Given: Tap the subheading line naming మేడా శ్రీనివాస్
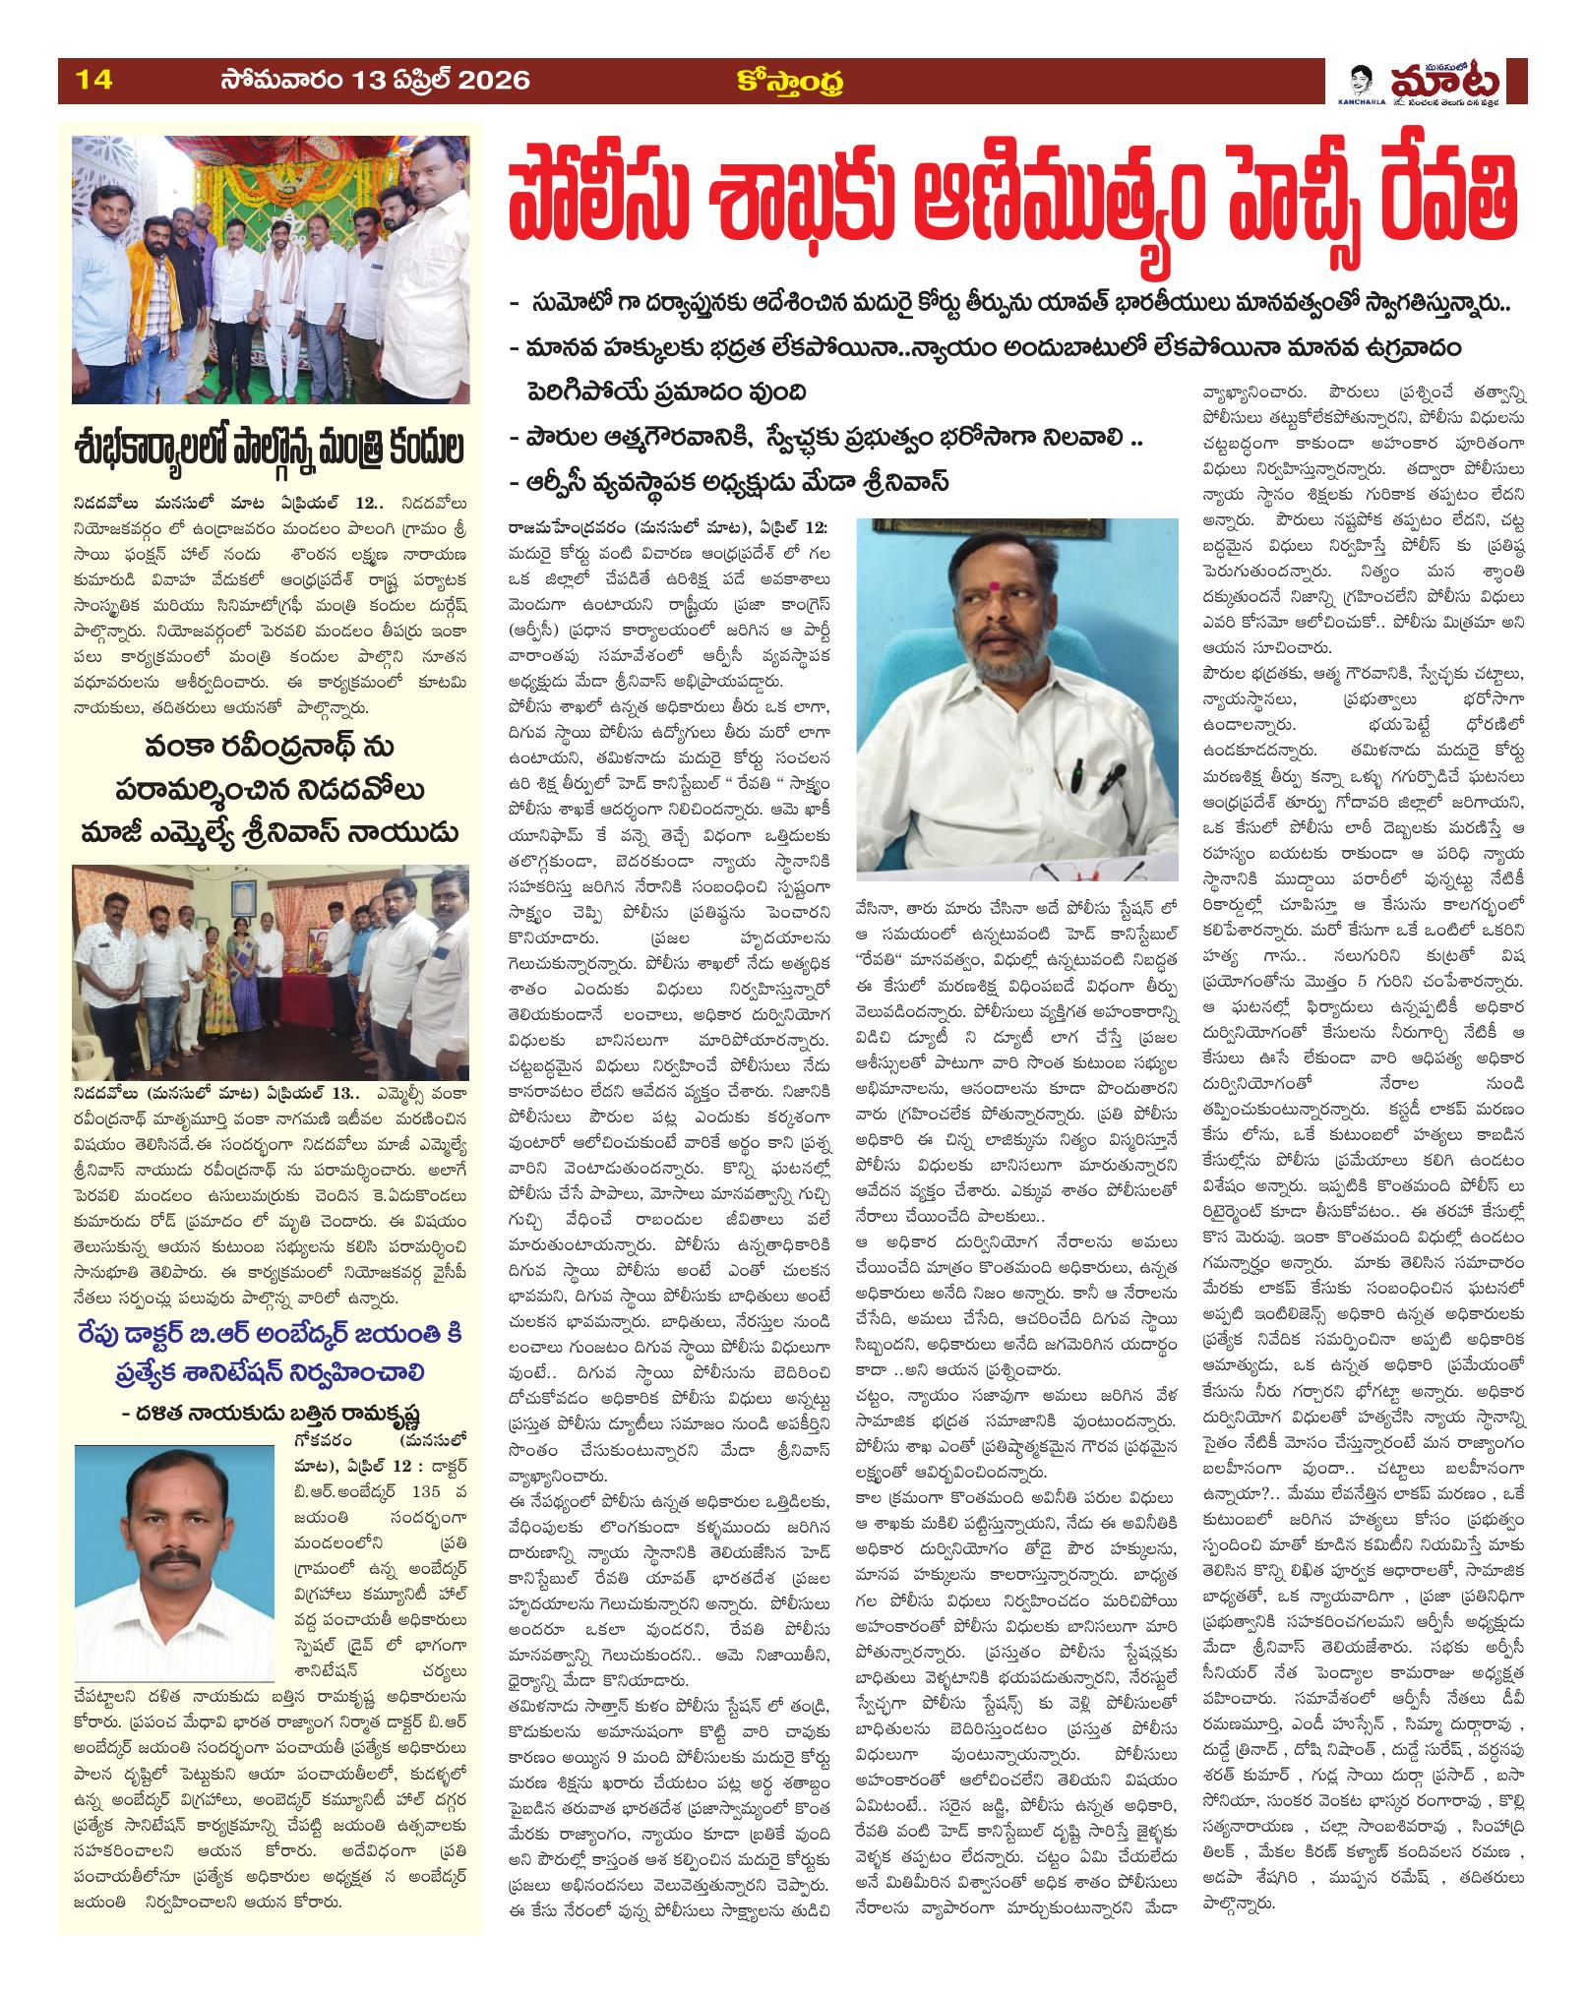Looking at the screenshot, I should point(729,482).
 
